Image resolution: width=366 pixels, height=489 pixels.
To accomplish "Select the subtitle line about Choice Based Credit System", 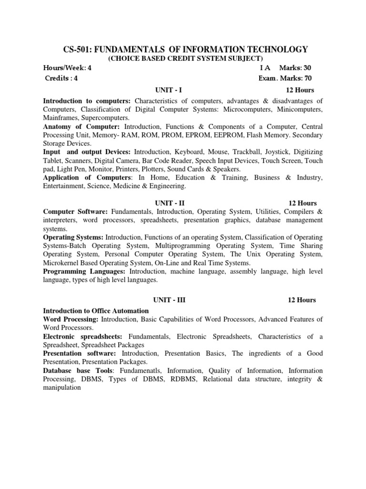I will point(185,58).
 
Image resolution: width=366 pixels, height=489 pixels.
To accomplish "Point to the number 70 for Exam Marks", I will point(305,78).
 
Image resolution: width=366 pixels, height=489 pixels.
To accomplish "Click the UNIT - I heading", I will point(168,90).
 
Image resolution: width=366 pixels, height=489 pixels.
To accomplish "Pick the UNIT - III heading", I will point(169,300).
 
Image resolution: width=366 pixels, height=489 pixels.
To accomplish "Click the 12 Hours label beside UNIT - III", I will point(302,300).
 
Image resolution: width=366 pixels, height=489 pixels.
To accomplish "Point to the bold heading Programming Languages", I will point(84,272).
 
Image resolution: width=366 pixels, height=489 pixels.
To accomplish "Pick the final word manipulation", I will point(62,388).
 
